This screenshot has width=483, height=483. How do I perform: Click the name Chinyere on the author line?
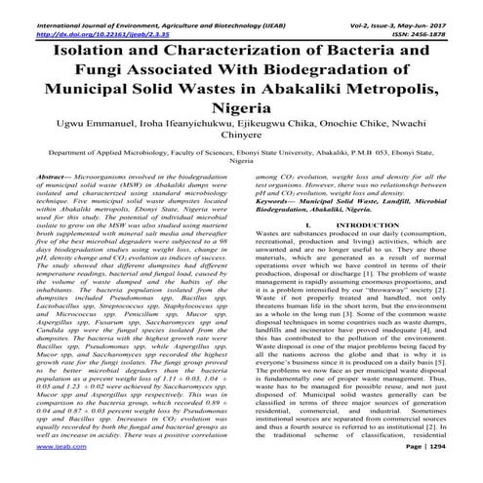tap(241, 144)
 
